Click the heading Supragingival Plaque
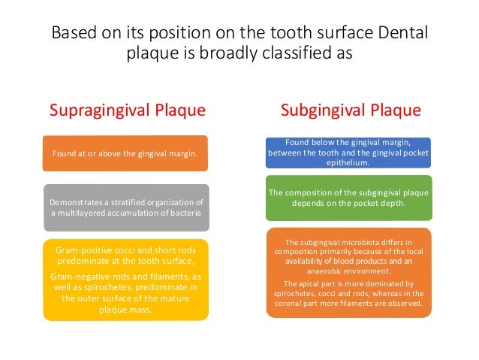point(127,111)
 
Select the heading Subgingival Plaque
point(351,111)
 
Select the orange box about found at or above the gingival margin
point(125,154)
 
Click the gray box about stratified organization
point(125,207)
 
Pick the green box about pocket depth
point(348,198)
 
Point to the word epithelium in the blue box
point(348,161)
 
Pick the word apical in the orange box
point(312,283)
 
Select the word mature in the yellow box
point(170,298)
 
